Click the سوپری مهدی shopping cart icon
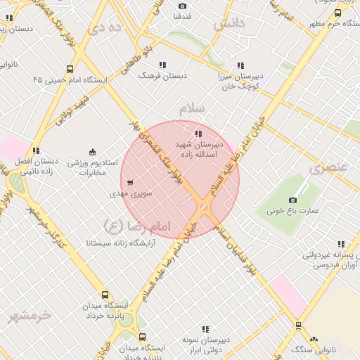click(131, 182)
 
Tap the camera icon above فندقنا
click(183, 6)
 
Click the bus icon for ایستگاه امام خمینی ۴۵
click(69, 69)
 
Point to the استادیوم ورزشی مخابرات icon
click(92, 152)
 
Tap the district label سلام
click(191, 108)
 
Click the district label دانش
click(229, 24)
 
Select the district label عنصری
click(328, 167)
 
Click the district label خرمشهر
click(30, 316)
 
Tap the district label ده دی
click(106, 28)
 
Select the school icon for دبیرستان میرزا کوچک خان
click(241, 65)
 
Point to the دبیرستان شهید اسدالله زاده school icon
click(198, 134)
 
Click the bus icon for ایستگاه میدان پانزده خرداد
click(105, 295)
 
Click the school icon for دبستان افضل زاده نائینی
click(36, 150)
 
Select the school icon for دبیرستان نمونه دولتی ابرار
click(205, 328)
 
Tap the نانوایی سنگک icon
click(314, 340)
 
